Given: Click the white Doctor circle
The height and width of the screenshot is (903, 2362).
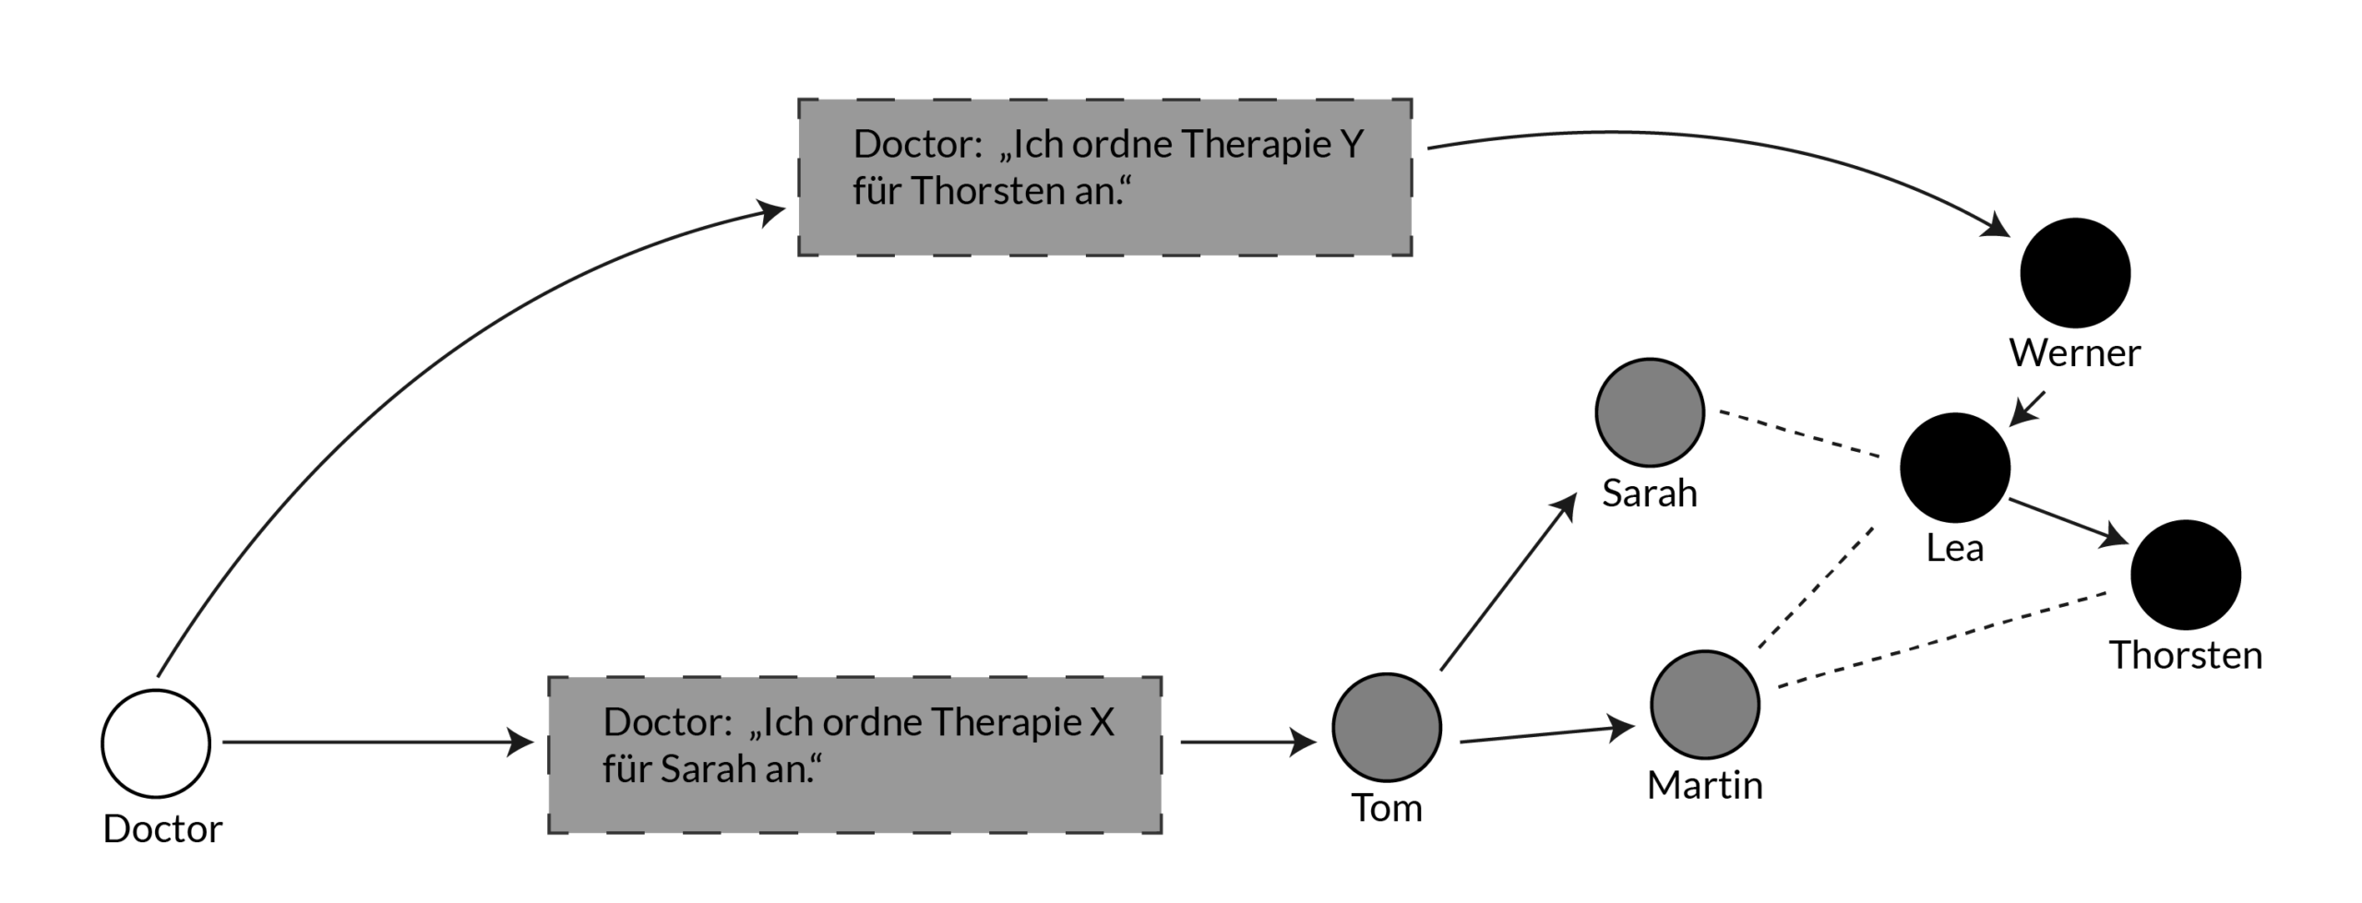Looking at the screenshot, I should tap(156, 743).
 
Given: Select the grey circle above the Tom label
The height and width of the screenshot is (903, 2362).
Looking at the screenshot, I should tap(1386, 727).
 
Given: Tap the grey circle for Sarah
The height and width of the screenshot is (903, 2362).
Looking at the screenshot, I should tap(1650, 412).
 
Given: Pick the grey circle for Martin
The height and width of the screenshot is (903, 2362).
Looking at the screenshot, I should tap(1704, 705).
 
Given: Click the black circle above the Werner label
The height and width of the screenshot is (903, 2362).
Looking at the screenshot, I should tap(2075, 273).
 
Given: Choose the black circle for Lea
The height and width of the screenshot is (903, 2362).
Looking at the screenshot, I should tap(1955, 468).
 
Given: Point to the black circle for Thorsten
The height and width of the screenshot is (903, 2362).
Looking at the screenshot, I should tap(2186, 575).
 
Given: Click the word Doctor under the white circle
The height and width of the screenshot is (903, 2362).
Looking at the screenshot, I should tap(162, 829).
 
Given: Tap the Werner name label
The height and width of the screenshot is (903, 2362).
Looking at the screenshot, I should tap(2075, 353).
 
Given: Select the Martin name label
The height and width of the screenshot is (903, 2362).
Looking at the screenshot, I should tap(1704, 786).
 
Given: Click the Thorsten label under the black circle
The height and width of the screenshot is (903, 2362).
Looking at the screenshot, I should tap(2186, 656).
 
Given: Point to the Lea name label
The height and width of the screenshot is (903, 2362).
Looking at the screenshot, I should tap(1954, 549).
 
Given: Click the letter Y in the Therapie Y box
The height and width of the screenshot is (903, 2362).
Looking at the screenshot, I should tap(1351, 145).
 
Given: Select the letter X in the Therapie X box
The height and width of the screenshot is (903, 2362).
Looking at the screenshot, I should tap(1102, 722).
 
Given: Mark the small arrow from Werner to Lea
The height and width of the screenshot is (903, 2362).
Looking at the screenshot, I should tap(2028, 408).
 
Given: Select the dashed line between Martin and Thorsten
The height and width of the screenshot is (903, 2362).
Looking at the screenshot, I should tap(1942, 639).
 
